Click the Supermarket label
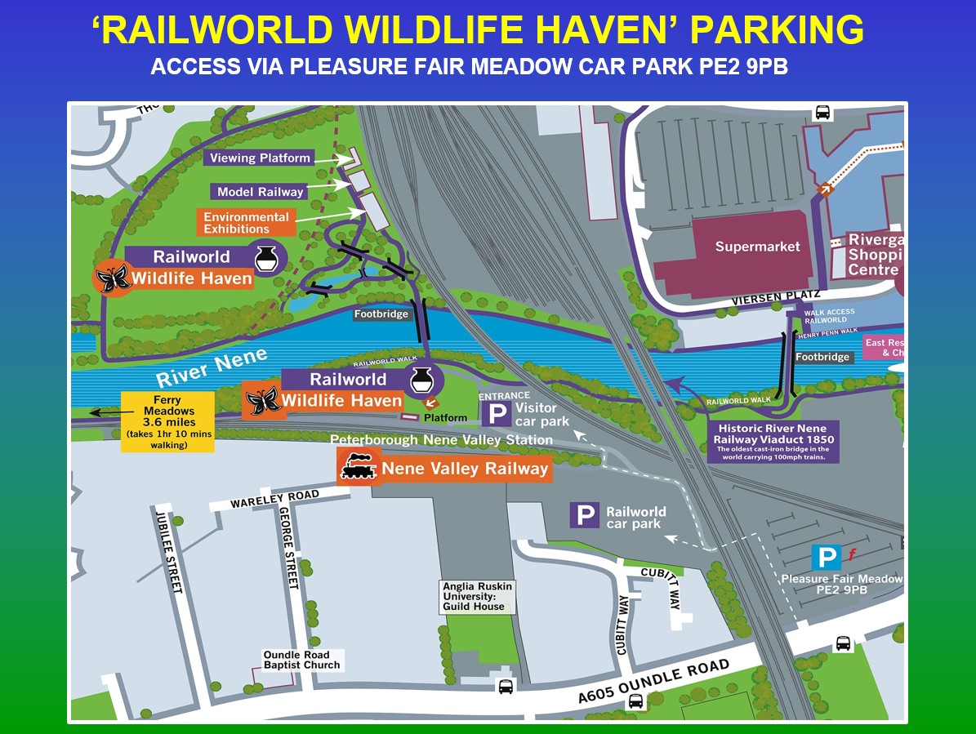click(x=757, y=247)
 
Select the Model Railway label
click(x=260, y=192)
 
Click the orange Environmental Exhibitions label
click(x=246, y=223)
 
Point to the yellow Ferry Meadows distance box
click(x=168, y=420)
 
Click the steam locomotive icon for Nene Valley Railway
click(x=358, y=469)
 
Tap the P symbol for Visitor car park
click(x=496, y=414)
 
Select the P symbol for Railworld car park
click(x=585, y=515)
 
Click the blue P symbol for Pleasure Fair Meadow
click(x=827, y=558)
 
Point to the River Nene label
click(x=212, y=368)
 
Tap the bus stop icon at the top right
click(x=822, y=113)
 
